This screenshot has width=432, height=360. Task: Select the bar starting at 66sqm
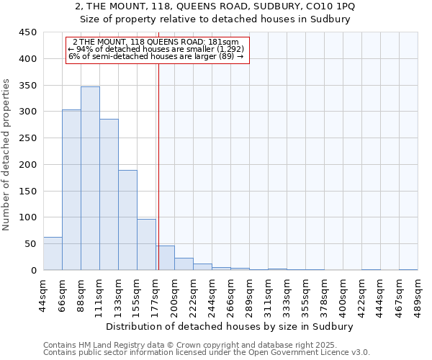click(71, 190)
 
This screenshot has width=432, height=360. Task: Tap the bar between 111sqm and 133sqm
click(109, 194)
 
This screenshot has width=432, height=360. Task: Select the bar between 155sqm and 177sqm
click(146, 245)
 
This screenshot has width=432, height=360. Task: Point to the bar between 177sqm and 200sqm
click(165, 258)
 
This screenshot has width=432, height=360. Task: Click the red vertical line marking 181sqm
click(158, 158)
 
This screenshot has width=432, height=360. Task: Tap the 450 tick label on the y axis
click(27, 32)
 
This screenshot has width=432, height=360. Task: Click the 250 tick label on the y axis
click(27, 138)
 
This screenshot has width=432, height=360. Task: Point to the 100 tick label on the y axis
click(27, 217)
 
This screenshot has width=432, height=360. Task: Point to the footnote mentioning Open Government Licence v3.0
click(207, 352)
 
